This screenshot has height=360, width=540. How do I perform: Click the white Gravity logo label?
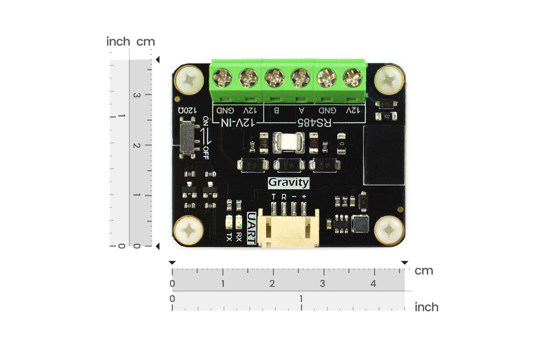tap(289, 182)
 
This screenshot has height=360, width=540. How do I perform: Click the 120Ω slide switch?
tap(189, 137)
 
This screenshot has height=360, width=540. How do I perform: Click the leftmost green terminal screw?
tap(223, 78)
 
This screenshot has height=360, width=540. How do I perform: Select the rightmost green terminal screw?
tap(353, 78)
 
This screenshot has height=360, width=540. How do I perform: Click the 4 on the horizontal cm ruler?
tap(373, 284)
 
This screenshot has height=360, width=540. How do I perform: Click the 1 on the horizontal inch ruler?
tap(301, 299)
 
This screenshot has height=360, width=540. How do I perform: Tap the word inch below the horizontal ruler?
tap(426, 307)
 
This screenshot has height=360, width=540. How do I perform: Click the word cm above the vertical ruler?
tap(146, 42)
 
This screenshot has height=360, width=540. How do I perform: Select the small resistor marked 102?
tap(386, 117)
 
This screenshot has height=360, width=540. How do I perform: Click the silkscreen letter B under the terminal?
tap(276, 110)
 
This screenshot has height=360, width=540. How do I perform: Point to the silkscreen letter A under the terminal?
tap(302, 110)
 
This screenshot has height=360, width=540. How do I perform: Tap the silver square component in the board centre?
tap(289, 142)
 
